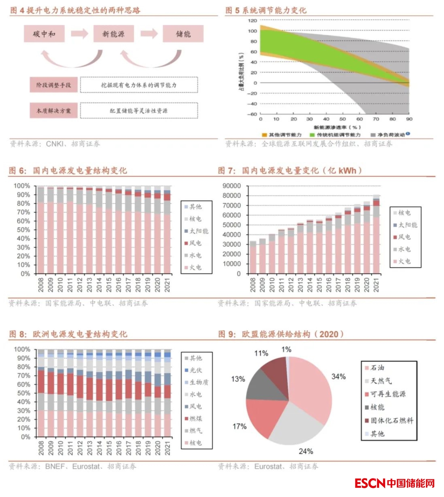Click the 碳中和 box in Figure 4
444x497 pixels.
point(44,34)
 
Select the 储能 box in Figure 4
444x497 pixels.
point(183,34)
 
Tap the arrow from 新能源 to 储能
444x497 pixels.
point(149,34)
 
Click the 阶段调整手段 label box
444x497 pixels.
point(53,85)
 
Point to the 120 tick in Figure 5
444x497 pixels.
point(253,21)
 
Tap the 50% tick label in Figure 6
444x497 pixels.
point(23,230)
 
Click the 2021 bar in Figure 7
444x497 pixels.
point(376,237)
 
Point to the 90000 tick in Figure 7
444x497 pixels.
point(232,186)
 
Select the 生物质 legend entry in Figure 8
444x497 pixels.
point(196,382)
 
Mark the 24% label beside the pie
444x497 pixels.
point(306,451)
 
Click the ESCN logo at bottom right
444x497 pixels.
point(395,483)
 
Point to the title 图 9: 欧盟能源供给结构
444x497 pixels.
point(281,334)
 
